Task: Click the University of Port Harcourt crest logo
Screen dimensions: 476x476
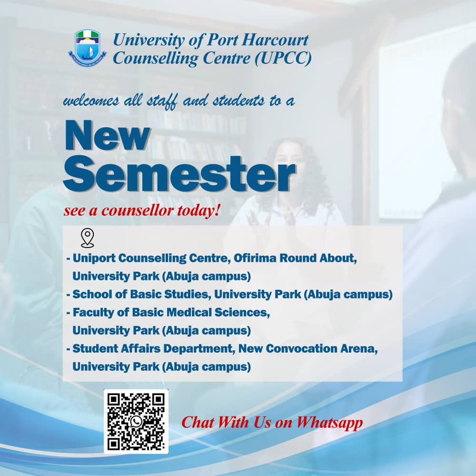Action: click(88, 48)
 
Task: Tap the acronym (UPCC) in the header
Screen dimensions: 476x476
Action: click(283, 58)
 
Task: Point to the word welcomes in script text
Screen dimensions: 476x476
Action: click(91, 100)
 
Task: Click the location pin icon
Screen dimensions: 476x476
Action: click(88, 238)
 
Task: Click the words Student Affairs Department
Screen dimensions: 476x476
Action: click(154, 349)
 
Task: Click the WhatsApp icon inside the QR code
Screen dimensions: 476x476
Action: click(136, 421)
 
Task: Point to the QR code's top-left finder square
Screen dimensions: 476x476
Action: click(115, 400)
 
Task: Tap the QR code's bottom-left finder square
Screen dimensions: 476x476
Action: click(115, 443)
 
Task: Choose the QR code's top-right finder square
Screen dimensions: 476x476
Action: click(158, 400)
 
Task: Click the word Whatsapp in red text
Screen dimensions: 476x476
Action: click(329, 423)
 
